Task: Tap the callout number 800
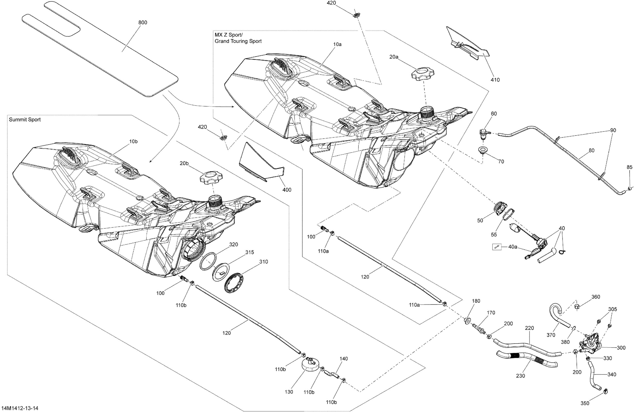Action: tap(143, 23)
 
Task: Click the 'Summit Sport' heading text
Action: tap(25, 120)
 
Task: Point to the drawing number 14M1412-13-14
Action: tap(20, 408)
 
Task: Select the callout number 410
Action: tap(495, 80)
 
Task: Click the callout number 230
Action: tap(520, 376)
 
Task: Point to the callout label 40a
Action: tap(513, 247)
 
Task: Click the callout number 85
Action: tap(629, 167)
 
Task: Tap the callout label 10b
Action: tap(133, 142)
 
